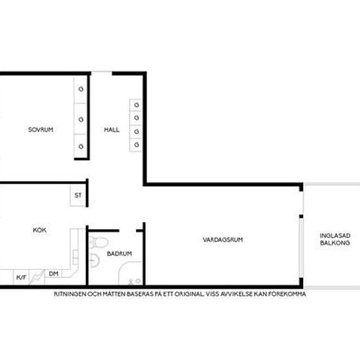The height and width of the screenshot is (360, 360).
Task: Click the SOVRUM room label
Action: (x=41, y=130)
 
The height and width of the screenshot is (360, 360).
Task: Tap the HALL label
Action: (x=112, y=130)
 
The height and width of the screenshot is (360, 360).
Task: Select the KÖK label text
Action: (x=40, y=230)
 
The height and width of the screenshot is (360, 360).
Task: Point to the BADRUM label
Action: (x=119, y=254)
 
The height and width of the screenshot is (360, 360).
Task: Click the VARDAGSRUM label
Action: (x=223, y=240)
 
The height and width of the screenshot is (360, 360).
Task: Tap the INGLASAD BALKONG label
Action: (x=335, y=239)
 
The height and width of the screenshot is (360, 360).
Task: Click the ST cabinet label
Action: (x=78, y=196)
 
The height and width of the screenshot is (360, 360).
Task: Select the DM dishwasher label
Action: (x=54, y=274)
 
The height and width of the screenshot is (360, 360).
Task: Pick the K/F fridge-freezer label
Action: (x=22, y=278)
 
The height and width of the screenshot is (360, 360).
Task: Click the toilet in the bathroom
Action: (x=98, y=242)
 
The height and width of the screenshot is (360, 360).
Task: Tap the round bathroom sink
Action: (x=94, y=261)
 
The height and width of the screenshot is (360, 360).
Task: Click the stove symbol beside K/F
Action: (x=37, y=277)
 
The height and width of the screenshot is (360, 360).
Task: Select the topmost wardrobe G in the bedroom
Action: (x=81, y=89)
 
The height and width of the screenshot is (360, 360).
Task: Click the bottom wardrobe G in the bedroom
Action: (x=81, y=146)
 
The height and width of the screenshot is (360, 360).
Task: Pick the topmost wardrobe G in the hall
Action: (x=137, y=105)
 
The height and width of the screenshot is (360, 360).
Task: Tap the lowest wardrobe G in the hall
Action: (x=137, y=145)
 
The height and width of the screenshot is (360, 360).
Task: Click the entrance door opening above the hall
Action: (x=101, y=73)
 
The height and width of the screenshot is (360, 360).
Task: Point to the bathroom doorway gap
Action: (x=128, y=230)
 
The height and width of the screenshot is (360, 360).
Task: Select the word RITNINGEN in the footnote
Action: (x=70, y=294)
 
